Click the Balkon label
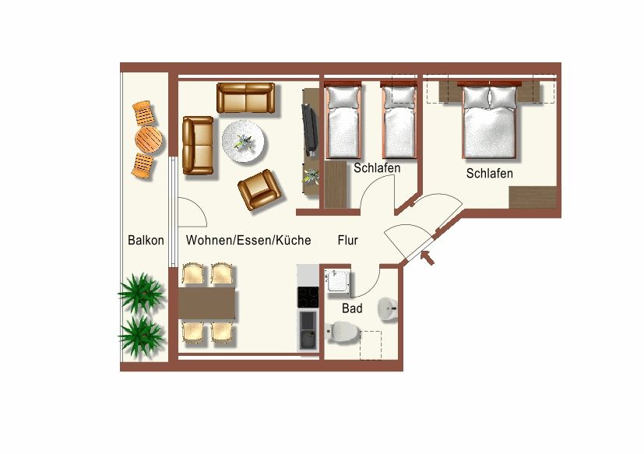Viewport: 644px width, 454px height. click(146, 241)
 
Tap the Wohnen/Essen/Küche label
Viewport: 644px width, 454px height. click(248, 241)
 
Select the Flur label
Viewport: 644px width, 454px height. click(347, 241)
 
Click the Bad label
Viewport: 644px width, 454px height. click(352, 308)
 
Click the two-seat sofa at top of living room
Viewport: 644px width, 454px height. click(246, 98)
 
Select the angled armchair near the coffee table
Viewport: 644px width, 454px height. click(259, 190)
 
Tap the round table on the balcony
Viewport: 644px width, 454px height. click(148, 140)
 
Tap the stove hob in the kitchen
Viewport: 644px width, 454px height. click(308, 297)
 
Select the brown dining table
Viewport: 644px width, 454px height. click(207, 304)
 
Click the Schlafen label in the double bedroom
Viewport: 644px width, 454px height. click(489, 174)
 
